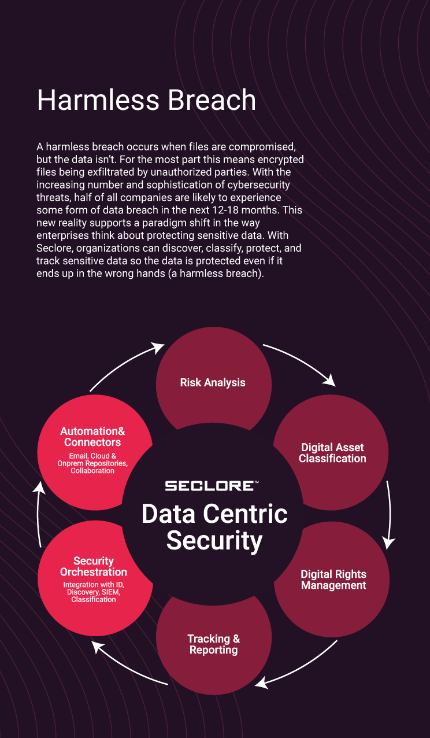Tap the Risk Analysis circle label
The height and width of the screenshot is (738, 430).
(213, 382)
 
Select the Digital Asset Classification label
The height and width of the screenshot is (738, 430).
(332, 453)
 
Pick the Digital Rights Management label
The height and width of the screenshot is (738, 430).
(333, 580)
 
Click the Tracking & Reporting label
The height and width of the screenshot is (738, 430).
(213, 644)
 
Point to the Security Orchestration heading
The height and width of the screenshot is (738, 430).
(94, 566)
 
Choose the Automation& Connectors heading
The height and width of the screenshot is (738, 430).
(92, 437)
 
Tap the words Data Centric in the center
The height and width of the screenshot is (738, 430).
(214, 514)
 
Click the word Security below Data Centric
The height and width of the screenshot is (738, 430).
(214, 541)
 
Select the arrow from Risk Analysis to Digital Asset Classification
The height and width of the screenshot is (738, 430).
(301, 363)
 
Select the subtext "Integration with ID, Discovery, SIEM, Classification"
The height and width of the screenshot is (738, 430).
(94, 592)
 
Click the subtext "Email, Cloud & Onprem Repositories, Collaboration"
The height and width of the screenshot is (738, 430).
(92, 463)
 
